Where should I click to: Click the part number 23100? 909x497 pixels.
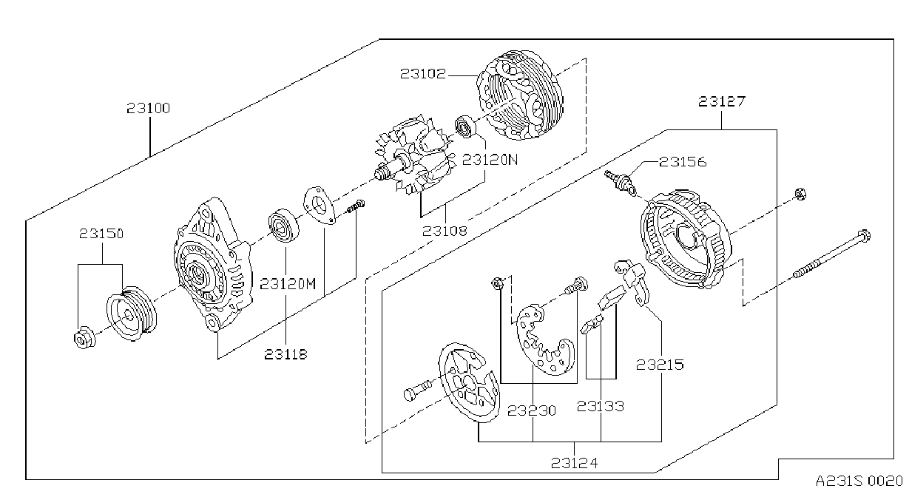[x=148, y=108]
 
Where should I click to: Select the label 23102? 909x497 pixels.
[x=423, y=74]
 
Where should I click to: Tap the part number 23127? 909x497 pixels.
[x=722, y=101]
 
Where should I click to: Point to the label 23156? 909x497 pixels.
[x=683, y=162]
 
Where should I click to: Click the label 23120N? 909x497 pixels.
[x=490, y=160]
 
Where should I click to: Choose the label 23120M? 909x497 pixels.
[x=288, y=284]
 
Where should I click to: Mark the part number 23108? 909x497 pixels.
[x=445, y=231]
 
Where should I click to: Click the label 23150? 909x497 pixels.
[x=101, y=234]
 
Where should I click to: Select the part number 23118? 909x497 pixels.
[x=285, y=354]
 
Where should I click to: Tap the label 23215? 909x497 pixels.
[x=660, y=365]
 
